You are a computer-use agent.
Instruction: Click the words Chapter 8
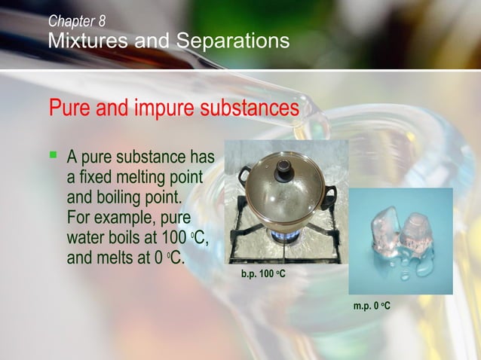point(77,21)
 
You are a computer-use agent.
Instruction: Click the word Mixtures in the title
point(81,41)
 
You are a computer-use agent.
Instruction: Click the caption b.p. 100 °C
point(263,272)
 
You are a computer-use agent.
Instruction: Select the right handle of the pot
point(329,197)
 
